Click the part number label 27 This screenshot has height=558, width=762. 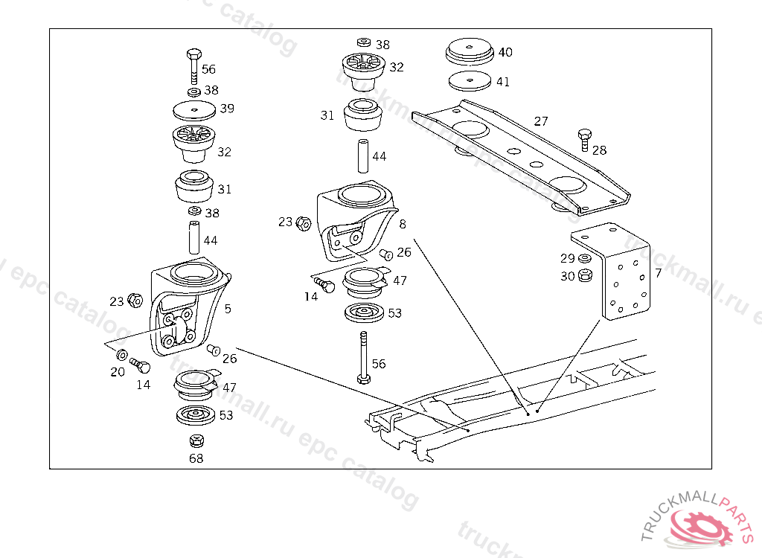tap(541, 121)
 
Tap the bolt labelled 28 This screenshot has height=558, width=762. tap(584, 139)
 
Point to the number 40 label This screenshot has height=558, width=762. tap(505, 52)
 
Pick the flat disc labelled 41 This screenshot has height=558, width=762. tap(469, 80)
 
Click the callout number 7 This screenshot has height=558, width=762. tap(658, 273)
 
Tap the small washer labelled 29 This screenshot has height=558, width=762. tap(585, 258)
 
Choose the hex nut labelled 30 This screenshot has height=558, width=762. tap(585, 275)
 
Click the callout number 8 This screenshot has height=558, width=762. tap(403, 223)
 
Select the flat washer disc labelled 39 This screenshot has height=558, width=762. tap(193, 111)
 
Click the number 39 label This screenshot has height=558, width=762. tap(227, 109)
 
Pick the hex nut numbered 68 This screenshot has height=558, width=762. tap(196, 440)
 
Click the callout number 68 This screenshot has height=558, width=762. tap(196, 458)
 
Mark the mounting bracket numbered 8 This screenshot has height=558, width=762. tap(353, 219)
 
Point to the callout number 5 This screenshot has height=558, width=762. tap(228, 308)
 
